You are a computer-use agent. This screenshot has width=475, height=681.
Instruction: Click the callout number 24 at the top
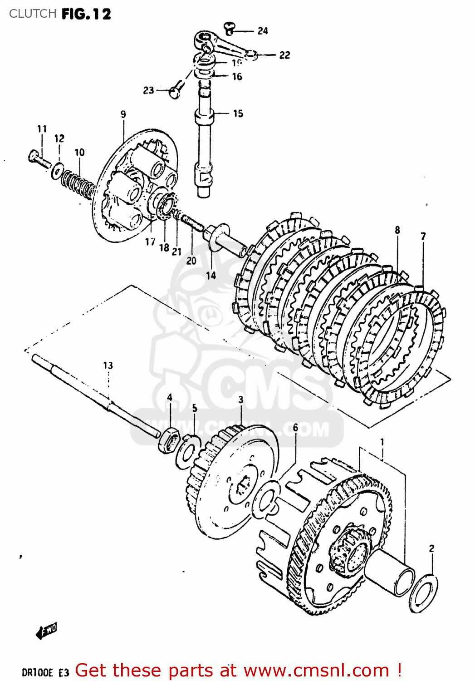pyautogui.click(x=263, y=31)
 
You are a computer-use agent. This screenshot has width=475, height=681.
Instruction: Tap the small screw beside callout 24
pyautogui.click(x=230, y=29)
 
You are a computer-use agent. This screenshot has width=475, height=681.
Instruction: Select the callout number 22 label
pyautogui.click(x=284, y=55)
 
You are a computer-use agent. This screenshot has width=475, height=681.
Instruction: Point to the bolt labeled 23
pyautogui.click(x=176, y=90)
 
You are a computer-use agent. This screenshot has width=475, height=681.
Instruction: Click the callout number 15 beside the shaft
pyautogui.click(x=238, y=113)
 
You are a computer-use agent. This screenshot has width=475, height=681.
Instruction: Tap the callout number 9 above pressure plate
pyautogui.click(x=123, y=114)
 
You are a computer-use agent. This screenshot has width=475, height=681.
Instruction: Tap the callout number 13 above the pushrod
pyautogui.click(x=108, y=365)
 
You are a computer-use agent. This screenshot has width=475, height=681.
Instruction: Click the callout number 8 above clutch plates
pyautogui.click(x=397, y=230)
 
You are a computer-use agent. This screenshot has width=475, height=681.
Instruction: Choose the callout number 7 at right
pyautogui.click(x=423, y=236)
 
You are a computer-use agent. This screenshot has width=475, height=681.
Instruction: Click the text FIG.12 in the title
pyautogui.click(x=86, y=14)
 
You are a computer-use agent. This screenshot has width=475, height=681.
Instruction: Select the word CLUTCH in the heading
pyautogui.click(x=33, y=14)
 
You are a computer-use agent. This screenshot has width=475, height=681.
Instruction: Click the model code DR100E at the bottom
pyautogui.click(x=38, y=672)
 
